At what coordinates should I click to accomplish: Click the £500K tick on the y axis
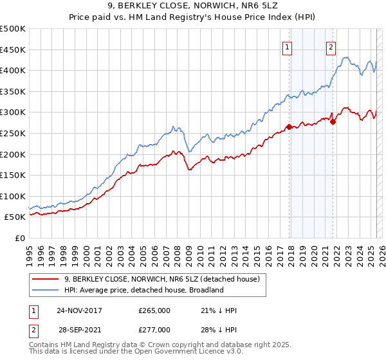(x=13, y=29)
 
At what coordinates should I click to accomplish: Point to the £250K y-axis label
(x=13, y=133)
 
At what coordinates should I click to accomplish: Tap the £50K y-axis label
(x=15, y=217)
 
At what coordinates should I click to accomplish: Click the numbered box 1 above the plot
(x=287, y=46)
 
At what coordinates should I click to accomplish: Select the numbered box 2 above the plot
(x=331, y=46)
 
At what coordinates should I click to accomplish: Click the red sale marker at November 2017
(x=289, y=127)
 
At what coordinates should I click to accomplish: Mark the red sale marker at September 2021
(x=333, y=122)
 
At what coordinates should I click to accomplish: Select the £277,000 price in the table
(x=154, y=329)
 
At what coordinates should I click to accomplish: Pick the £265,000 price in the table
(x=154, y=310)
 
